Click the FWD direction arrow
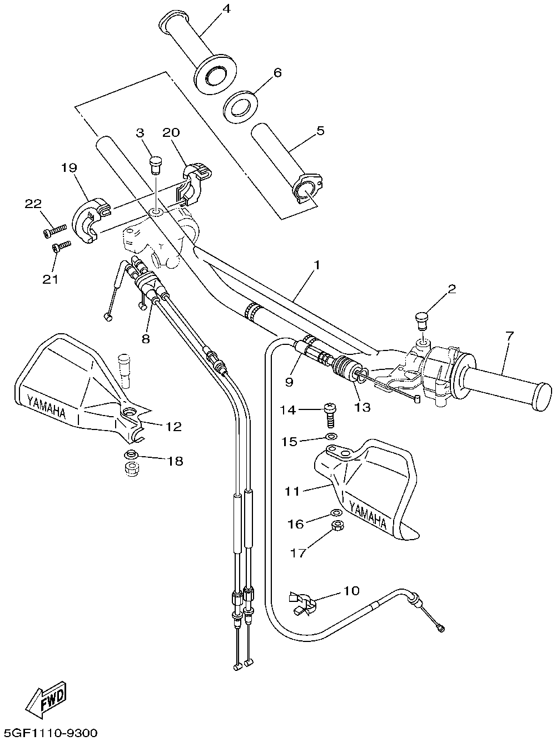[x=47, y=699]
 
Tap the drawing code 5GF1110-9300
[x=50, y=732]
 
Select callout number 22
[x=33, y=204]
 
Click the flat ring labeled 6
[x=241, y=106]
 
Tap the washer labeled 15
[x=331, y=437]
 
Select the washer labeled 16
[x=336, y=513]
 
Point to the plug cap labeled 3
[x=155, y=165]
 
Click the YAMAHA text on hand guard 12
[x=46, y=407]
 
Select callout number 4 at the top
[x=226, y=9]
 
